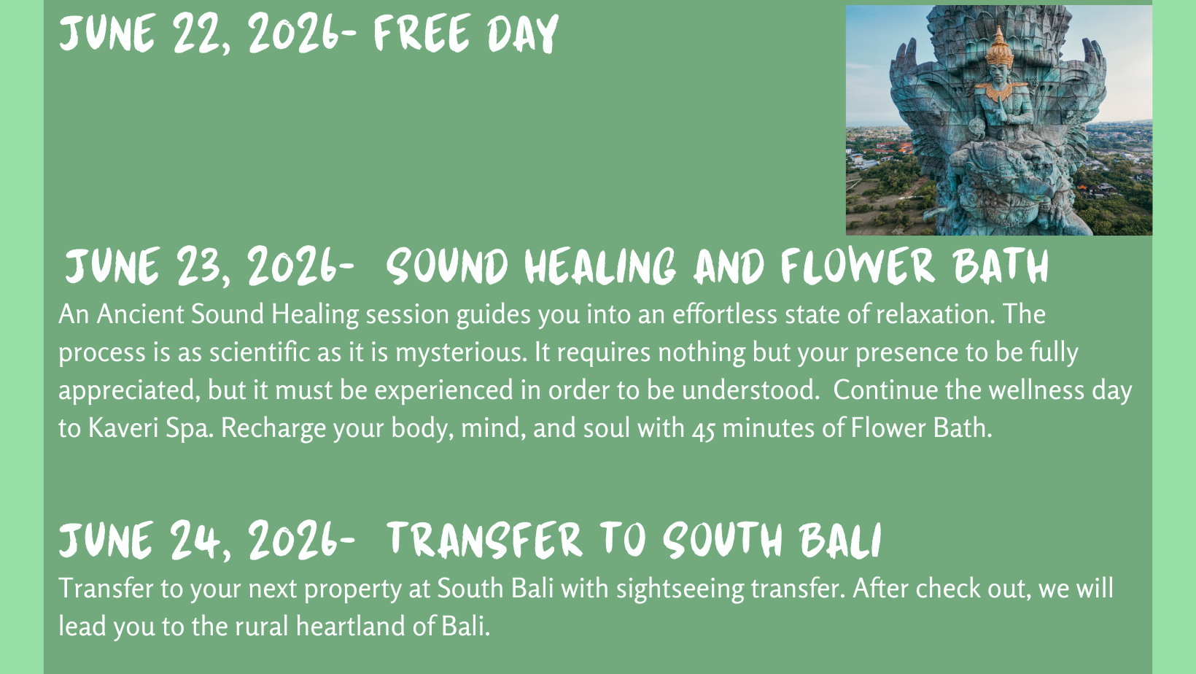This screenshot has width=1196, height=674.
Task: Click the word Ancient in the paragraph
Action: pos(141,314)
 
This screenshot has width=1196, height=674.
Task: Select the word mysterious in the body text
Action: pos(461,353)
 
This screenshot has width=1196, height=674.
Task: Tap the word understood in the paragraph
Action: pos(750,390)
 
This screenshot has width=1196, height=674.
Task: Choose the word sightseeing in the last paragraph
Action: pos(680,589)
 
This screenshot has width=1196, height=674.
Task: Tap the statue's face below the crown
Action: pos(999,73)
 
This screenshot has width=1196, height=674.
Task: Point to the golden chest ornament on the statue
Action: pos(1001,91)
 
